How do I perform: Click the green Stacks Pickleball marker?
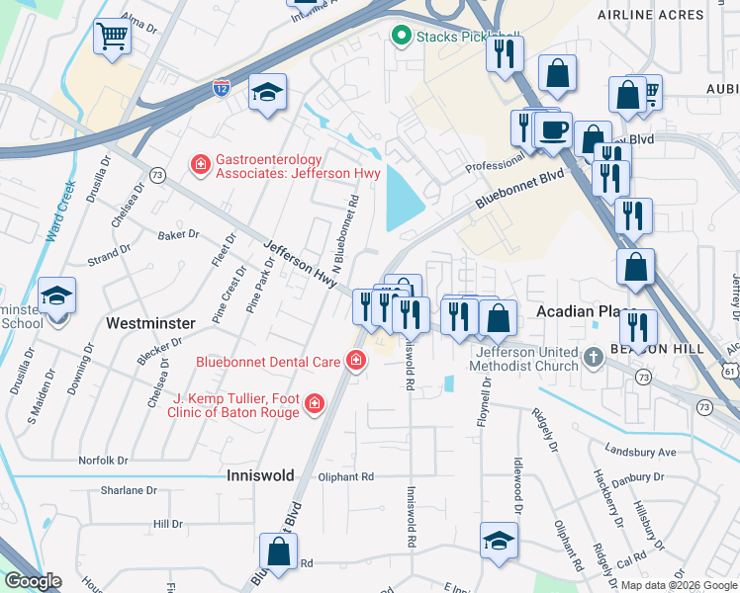401,38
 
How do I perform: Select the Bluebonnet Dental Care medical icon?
355,362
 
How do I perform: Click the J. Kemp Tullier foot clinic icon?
314,403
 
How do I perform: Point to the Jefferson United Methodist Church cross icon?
593,357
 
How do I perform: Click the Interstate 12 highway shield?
222,88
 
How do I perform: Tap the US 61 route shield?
730,369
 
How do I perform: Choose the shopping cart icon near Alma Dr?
113,38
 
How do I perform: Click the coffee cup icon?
553,129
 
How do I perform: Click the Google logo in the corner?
34,581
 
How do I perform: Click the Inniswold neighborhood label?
261,475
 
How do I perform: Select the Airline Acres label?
651,15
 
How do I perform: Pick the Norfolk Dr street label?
104,461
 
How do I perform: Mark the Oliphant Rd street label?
345,476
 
